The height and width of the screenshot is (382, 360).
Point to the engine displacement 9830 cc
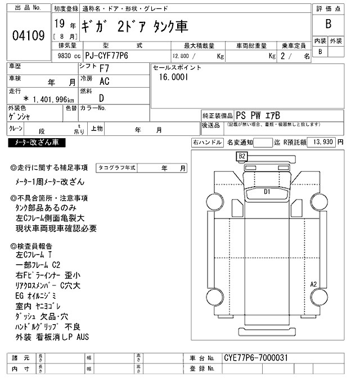[66, 56]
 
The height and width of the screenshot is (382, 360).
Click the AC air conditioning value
[104, 82]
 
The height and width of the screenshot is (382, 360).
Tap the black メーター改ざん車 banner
[37, 143]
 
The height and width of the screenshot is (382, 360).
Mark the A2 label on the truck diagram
[314, 284]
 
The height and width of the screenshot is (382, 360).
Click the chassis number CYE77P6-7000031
[256, 357]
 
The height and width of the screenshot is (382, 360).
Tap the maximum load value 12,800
[181, 56]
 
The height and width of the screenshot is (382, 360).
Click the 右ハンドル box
[207, 143]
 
